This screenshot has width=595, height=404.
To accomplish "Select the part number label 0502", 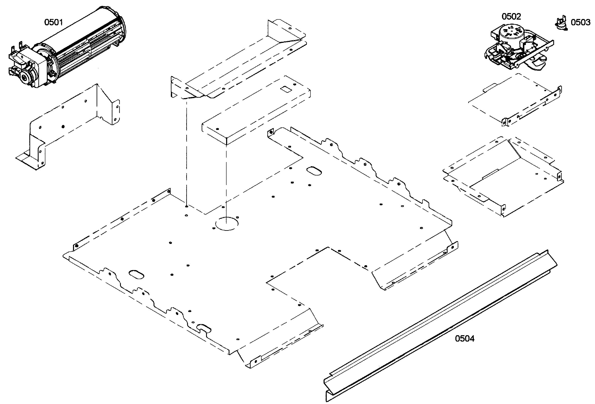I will point(511,17).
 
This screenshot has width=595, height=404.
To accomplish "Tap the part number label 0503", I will point(580,22).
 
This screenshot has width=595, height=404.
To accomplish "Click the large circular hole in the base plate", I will point(227,223).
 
